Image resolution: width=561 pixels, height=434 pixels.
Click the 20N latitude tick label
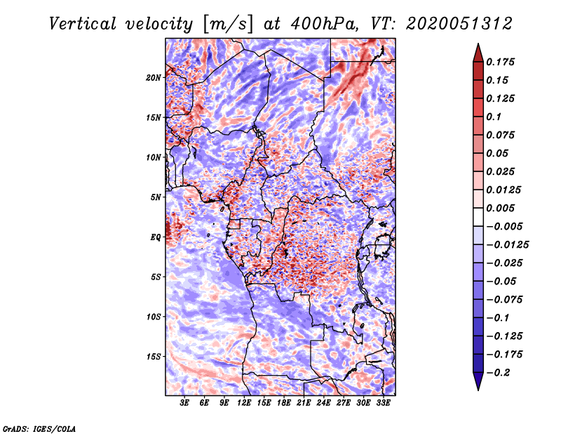point(153,78)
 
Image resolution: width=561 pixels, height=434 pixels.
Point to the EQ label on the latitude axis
point(156,237)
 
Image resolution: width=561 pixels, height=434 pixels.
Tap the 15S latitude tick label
point(154,357)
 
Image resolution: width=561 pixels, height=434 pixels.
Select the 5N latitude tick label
point(156,197)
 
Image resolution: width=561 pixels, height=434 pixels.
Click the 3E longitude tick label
point(184,403)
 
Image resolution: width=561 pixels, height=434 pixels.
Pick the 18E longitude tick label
point(284,403)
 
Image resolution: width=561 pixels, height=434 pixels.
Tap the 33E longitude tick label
point(383,403)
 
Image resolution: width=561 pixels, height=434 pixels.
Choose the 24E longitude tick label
point(323,403)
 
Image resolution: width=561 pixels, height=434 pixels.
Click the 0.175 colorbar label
point(500,62)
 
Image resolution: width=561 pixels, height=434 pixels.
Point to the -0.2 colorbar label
point(498,373)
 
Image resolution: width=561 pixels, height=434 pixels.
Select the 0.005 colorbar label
point(500,208)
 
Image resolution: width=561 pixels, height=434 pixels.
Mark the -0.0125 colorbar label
point(507,245)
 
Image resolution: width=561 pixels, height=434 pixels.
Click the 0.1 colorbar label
point(494,117)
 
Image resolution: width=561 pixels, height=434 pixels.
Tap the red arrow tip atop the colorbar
point(478,44)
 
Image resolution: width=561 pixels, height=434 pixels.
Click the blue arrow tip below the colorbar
point(478,390)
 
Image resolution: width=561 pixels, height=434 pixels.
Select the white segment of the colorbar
point(478,217)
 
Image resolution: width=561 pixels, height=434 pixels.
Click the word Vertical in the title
point(83,24)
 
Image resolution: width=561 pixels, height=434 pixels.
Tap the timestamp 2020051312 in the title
point(459,24)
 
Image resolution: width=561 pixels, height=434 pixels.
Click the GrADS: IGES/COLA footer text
point(39,428)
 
